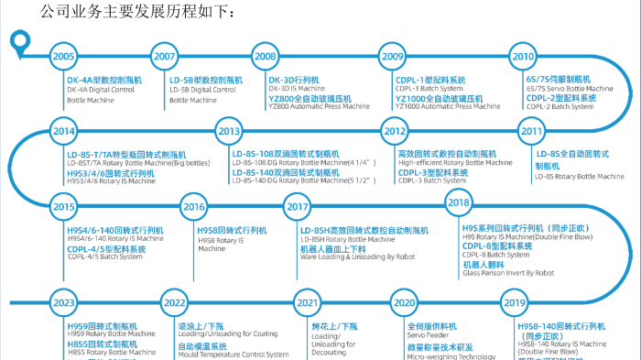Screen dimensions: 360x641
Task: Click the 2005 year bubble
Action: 63,57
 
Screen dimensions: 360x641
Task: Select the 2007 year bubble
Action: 165,57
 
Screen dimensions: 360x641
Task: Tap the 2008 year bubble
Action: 266,57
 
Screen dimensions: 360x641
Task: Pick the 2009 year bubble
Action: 393,57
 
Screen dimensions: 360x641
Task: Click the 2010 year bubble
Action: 523,57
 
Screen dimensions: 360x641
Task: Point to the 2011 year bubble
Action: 532,132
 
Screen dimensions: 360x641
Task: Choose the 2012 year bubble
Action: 393,132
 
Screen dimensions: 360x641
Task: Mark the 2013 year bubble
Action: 229,132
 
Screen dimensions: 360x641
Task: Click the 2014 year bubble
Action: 63,132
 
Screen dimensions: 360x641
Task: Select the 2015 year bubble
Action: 63,207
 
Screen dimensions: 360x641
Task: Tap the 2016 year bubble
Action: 194,207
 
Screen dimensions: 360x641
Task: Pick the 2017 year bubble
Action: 298,207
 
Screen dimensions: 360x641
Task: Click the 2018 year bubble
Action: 459,202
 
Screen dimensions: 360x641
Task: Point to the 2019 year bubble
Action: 515,302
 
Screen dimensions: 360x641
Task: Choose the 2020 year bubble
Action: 403,302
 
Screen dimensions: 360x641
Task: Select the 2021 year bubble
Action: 308,302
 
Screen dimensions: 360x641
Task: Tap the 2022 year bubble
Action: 174,302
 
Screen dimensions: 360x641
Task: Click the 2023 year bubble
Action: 63,302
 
